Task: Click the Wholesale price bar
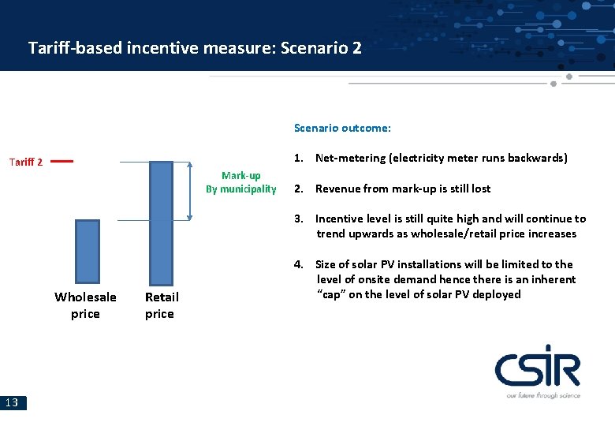(x=88, y=252)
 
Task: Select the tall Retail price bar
(x=161, y=222)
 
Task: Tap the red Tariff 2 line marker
(x=61, y=161)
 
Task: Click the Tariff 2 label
(x=25, y=162)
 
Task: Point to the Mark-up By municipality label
(x=240, y=182)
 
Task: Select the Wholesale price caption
(x=85, y=305)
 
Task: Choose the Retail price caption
(x=161, y=305)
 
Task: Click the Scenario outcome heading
(x=342, y=128)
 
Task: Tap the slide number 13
(x=13, y=403)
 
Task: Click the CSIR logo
(x=537, y=370)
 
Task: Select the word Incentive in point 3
(x=341, y=219)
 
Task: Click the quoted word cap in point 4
(x=334, y=294)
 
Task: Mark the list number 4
(x=299, y=264)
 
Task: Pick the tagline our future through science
(x=542, y=394)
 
